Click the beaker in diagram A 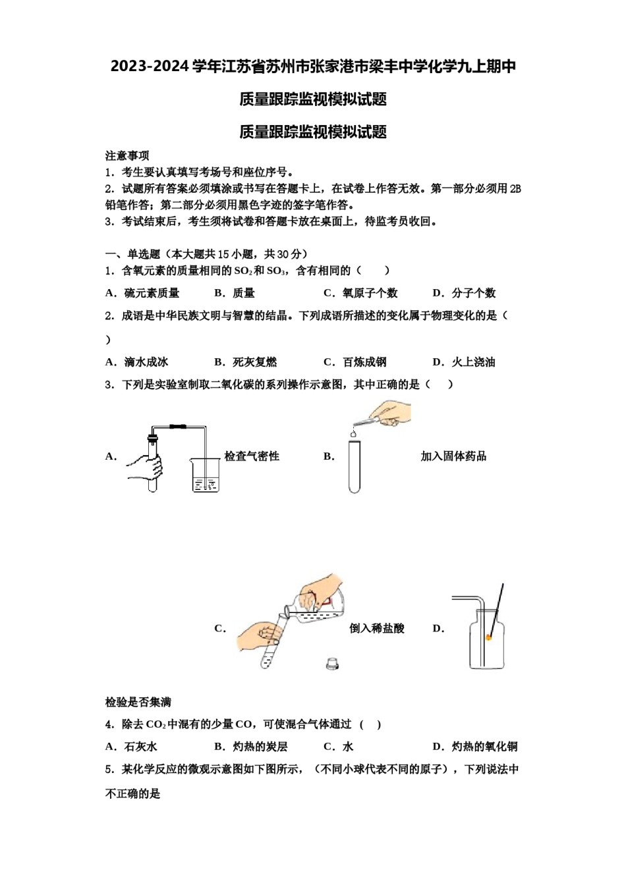coord(205,475)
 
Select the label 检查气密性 coord(252,456)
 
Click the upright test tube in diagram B coord(355,467)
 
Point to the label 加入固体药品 coord(453,456)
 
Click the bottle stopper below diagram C coord(332,664)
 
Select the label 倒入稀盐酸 coord(377,628)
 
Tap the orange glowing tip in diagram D coord(489,637)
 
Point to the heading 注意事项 coord(127,156)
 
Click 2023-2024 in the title coord(150,67)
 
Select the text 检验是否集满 coord(138,702)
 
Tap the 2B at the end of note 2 coord(515,189)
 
